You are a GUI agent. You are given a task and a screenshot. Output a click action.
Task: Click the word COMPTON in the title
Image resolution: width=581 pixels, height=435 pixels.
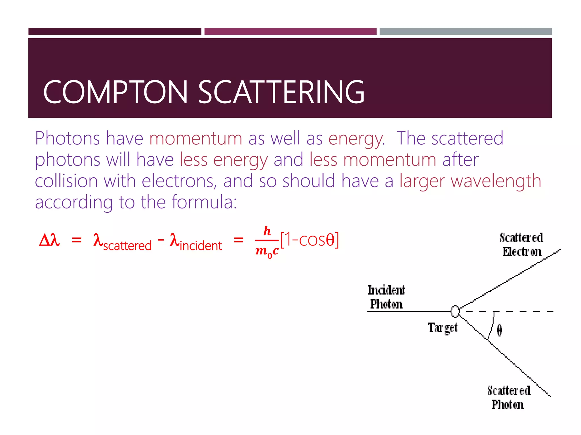[x=115, y=92]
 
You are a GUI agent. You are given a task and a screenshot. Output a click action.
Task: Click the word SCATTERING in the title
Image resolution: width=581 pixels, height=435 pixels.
[x=281, y=92]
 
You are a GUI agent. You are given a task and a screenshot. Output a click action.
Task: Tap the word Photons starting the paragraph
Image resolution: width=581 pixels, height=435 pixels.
[x=67, y=138]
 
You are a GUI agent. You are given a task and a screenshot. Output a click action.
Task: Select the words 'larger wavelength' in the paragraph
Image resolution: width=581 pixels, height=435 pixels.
[x=470, y=181]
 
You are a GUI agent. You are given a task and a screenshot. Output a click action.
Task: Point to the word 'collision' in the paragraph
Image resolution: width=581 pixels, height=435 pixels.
[x=66, y=181]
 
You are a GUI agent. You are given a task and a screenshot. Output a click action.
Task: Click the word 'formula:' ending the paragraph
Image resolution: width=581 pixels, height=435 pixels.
[x=204, y=202]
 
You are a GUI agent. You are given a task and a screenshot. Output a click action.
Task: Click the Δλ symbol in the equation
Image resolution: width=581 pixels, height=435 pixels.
[x=49, y=240]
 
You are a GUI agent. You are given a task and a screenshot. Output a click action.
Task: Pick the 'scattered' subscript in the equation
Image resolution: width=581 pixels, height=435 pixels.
[x=127, y=246]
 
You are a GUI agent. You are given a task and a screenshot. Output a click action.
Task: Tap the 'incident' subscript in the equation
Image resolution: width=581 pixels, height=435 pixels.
[x=201, y=246]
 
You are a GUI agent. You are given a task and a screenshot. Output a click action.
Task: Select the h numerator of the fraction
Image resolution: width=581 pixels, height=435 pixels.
[x=267, y=231]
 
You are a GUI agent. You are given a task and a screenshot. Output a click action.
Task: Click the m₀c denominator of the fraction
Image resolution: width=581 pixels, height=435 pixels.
[x=267, y=251]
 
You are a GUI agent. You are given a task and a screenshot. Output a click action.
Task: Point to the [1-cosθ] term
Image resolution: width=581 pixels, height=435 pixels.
[x=309, y=240]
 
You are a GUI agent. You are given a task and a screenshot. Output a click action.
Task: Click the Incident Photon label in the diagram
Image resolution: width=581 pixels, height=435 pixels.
[x=386, y=297]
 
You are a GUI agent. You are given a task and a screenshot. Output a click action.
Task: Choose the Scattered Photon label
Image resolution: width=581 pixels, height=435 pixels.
[x=508, y=398]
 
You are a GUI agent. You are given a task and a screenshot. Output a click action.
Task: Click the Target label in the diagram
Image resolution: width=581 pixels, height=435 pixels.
[x=442, y=328]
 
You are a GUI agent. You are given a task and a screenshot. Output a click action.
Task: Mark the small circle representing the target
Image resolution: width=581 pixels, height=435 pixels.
[x=455, y=311]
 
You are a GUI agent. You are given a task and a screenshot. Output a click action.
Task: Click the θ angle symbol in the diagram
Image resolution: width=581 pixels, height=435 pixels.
[x=499, y=330]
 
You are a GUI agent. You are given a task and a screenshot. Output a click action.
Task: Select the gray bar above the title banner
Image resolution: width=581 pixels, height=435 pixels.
[x=466, y=31]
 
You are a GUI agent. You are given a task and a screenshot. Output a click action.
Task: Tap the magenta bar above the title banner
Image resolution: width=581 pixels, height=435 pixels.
[x=290, y=31]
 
